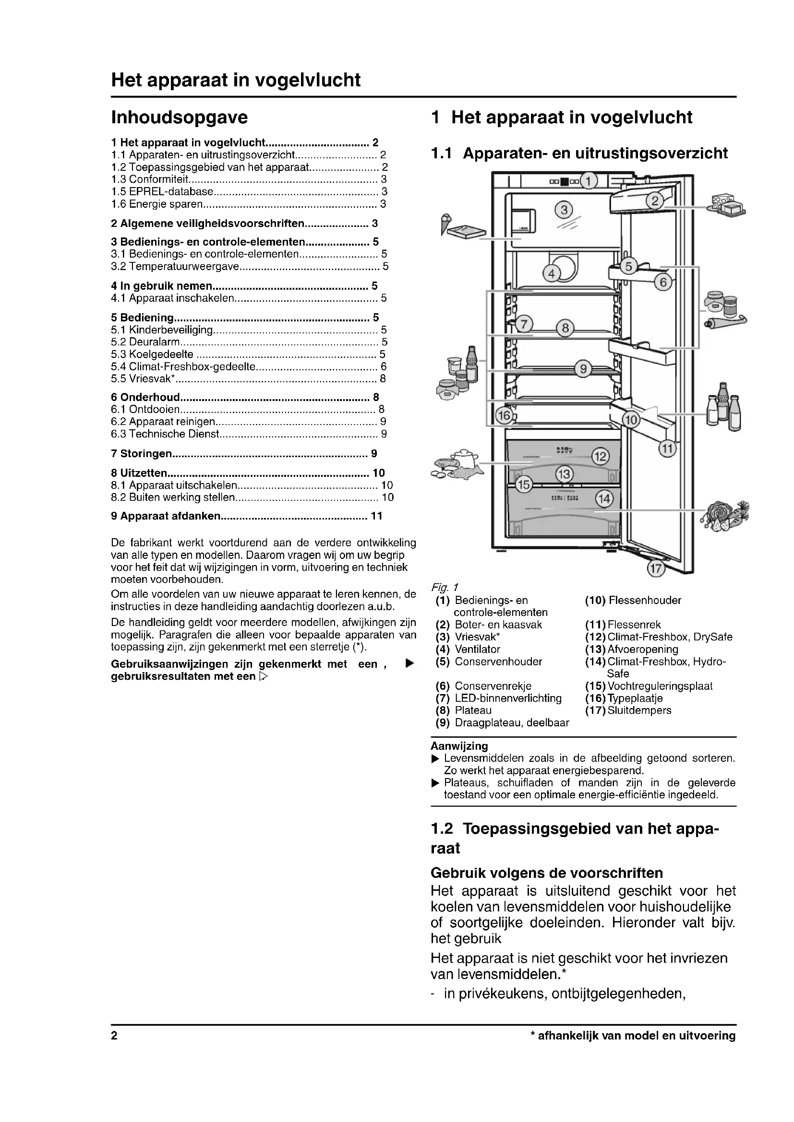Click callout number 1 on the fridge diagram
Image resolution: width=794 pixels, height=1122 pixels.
[589, 182]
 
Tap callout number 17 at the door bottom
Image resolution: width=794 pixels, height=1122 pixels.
[656, 568]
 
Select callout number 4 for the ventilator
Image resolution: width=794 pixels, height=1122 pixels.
[552, 273]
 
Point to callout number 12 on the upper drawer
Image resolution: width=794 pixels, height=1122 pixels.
[601, 456]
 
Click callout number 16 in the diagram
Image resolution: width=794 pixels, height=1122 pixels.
[504, 416]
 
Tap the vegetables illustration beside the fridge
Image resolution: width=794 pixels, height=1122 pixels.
[726, 515]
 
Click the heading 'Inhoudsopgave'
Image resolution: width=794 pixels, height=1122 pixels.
[180, 117]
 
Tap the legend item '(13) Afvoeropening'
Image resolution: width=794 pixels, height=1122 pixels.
[632, 650]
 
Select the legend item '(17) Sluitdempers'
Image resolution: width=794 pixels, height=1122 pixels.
[628, 710]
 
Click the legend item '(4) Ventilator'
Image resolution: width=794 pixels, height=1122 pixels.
[468, 650]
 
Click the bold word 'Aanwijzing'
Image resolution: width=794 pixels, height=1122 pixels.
[459, 746]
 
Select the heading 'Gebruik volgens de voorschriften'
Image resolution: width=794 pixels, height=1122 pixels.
[547, 873]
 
